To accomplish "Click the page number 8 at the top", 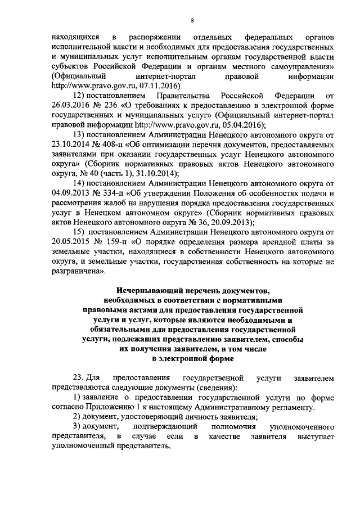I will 192,21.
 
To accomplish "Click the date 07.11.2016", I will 159,86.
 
